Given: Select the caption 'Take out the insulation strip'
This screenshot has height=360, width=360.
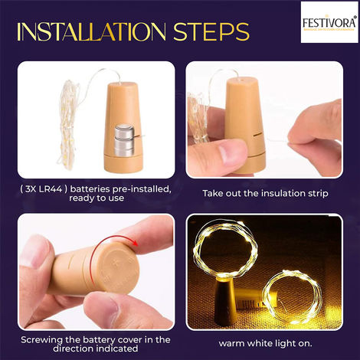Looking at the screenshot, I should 263,194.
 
